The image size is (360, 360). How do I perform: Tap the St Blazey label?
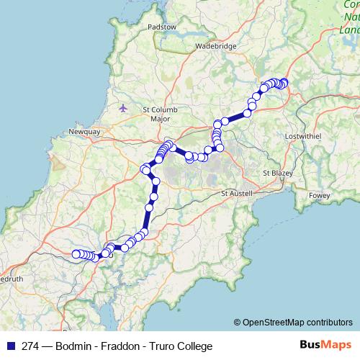[x=276, y=173]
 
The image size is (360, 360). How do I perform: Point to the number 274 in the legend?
[x=30, y=346]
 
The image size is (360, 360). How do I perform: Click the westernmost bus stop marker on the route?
[x=76, y=253]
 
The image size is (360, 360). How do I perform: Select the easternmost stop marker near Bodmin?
[x=284, y=82]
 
